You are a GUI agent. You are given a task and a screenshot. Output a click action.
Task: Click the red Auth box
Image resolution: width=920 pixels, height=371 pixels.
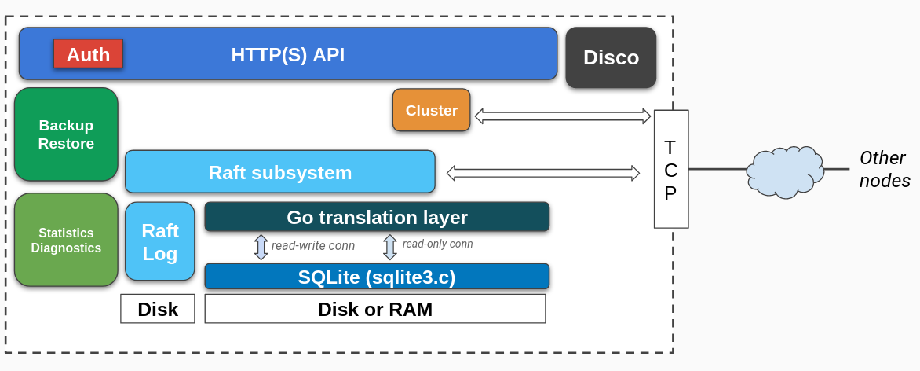pyautogui.click(x=88, y=53)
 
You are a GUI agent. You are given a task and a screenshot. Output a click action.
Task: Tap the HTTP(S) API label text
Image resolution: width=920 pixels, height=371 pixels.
pyautogui.click(x=287, y=54)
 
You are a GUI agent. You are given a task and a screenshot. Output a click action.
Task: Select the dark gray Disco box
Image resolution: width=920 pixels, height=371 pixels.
pyautogui.click(x=611, y=57)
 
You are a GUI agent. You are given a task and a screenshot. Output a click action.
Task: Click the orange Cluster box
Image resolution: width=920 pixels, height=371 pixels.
pyautogui.click(x=431, y=110)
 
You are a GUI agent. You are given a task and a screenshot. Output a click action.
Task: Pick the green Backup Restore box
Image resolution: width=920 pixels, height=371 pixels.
pyautogui.click(x=66, y=134)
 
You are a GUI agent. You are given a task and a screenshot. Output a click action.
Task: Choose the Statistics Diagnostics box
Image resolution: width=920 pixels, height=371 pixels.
pyautogui.click(x=66, y=240)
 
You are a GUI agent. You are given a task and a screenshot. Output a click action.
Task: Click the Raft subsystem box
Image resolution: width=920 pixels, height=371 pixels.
pyautogui.click(x=279, y=172)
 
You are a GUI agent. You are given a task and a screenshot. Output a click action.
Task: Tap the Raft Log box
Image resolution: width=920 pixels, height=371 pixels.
pyautogui.click(x=159, y=241)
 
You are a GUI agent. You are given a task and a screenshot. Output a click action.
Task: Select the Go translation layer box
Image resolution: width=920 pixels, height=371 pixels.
pyautogui.click(x=377, y=217)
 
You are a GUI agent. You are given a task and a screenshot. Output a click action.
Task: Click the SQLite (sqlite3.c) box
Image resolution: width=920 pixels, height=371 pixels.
pyautogui.click(x=377, y=277)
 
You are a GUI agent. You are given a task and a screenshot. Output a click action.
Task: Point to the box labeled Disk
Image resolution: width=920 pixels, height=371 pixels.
pyautogui.click(x=157, y=309)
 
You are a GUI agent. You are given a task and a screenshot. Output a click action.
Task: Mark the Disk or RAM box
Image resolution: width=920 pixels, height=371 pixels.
pyautogui.click(x=375, y=309)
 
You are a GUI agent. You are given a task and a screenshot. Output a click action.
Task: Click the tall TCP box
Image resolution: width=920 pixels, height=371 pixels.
pyautogui.click(x=670, y=169)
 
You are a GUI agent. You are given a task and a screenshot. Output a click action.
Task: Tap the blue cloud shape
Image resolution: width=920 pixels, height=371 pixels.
pyautogui.click(x=784, y=171)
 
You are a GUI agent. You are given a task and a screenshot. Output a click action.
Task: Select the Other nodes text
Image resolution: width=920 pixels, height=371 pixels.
pyautogui.click(x=884, y=169)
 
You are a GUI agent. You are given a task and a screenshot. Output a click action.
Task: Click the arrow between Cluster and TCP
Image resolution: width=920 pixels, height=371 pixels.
pyautogui.click(x=563, y=116)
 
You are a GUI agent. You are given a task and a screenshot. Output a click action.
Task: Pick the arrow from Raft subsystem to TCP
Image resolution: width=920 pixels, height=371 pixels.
pyautogui.click(x=543, y=173)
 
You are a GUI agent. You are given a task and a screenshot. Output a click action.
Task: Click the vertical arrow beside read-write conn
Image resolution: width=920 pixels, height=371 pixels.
pyautogui.click(x=261, y=247)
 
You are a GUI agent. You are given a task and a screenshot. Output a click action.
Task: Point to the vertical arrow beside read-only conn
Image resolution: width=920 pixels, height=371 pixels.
pyautogui.click(x=390, y=247)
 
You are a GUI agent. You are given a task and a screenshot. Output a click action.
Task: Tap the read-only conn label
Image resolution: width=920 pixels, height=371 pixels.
pyautogui.click(x=437, y=244)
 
